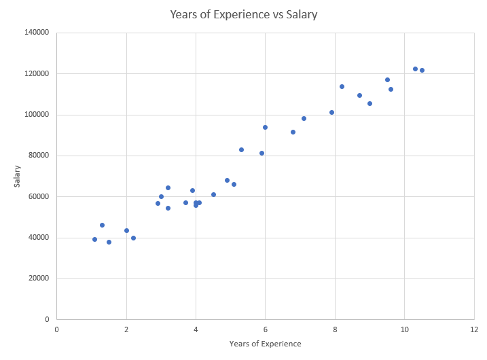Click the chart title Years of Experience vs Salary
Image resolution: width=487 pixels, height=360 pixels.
(x=243, y=14)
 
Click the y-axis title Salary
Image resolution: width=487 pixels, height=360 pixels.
(x=18, y=176)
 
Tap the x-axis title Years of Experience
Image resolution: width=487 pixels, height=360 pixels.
(x=265, y=344)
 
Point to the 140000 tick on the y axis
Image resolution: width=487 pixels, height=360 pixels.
(x=37, y=33)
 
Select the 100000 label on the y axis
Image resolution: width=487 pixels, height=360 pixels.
(x=37, y=115)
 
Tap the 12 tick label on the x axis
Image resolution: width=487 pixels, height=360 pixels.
(x=473, y=329)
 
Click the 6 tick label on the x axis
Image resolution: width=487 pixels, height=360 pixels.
(x=266, y=329)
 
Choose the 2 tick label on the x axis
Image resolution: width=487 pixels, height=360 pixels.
(x=126, y=329)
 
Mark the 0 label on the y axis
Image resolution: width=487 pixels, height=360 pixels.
(x=47, y=319)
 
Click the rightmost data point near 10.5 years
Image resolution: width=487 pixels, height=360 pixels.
(x=422, y=70)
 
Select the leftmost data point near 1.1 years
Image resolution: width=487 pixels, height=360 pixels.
(x=94, y=239)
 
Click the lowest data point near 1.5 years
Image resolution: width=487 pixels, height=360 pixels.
(x=109, y=242)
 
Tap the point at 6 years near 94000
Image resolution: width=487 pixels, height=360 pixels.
(x=265, y=127)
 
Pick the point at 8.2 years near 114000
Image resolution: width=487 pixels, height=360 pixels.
(x=342, y=86)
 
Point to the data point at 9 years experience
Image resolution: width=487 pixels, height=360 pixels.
(x=369, y=103)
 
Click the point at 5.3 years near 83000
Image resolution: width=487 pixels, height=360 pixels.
(x=241, y=149)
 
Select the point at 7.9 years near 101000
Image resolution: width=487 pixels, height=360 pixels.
(x=331, y=112)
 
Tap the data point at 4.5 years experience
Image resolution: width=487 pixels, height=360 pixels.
(x=213, y=194)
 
